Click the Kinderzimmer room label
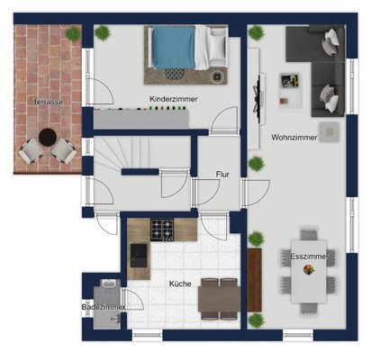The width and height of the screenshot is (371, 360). click(x=174, y=99)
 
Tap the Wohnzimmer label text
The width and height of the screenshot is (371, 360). click(x=294, y=138)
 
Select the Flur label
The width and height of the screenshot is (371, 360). click(x=222, y=175)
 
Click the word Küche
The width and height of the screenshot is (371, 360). click(x=180, y=283)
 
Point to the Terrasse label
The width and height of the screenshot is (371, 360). click(x=49, y=102)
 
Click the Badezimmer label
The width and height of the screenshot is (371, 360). click(x=104, y=307)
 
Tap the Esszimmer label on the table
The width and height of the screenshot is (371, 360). click(x=308, y=256)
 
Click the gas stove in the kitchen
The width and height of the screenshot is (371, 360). click(x=162, y=229)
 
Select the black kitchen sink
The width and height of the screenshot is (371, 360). click(x=139, y=255)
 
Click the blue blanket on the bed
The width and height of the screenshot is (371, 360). click(x=174, y=48)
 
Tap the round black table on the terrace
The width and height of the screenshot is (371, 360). click(x=48, y=138)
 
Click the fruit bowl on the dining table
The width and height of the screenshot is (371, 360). click(x=309, y=269)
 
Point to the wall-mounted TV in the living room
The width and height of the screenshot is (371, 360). click(x=258, y=98)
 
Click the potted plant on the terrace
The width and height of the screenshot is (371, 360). click(x=73, y=33)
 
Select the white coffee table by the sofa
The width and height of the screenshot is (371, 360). click(x=290, y=90)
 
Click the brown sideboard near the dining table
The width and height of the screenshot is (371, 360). click(x=254, y=280)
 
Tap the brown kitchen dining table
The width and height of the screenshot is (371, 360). click(x=219, y=299)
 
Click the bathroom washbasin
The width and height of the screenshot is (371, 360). click(x=107, y=283)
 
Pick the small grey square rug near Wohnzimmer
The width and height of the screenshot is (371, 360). click(x=330, y=132)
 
